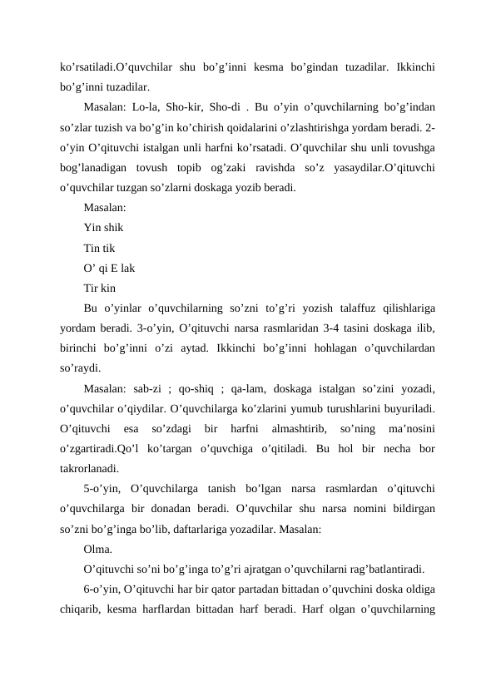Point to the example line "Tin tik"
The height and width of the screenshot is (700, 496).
coord(100,248)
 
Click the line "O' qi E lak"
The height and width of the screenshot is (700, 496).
coord(111,268)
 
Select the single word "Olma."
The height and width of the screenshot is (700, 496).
coord(100,550)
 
